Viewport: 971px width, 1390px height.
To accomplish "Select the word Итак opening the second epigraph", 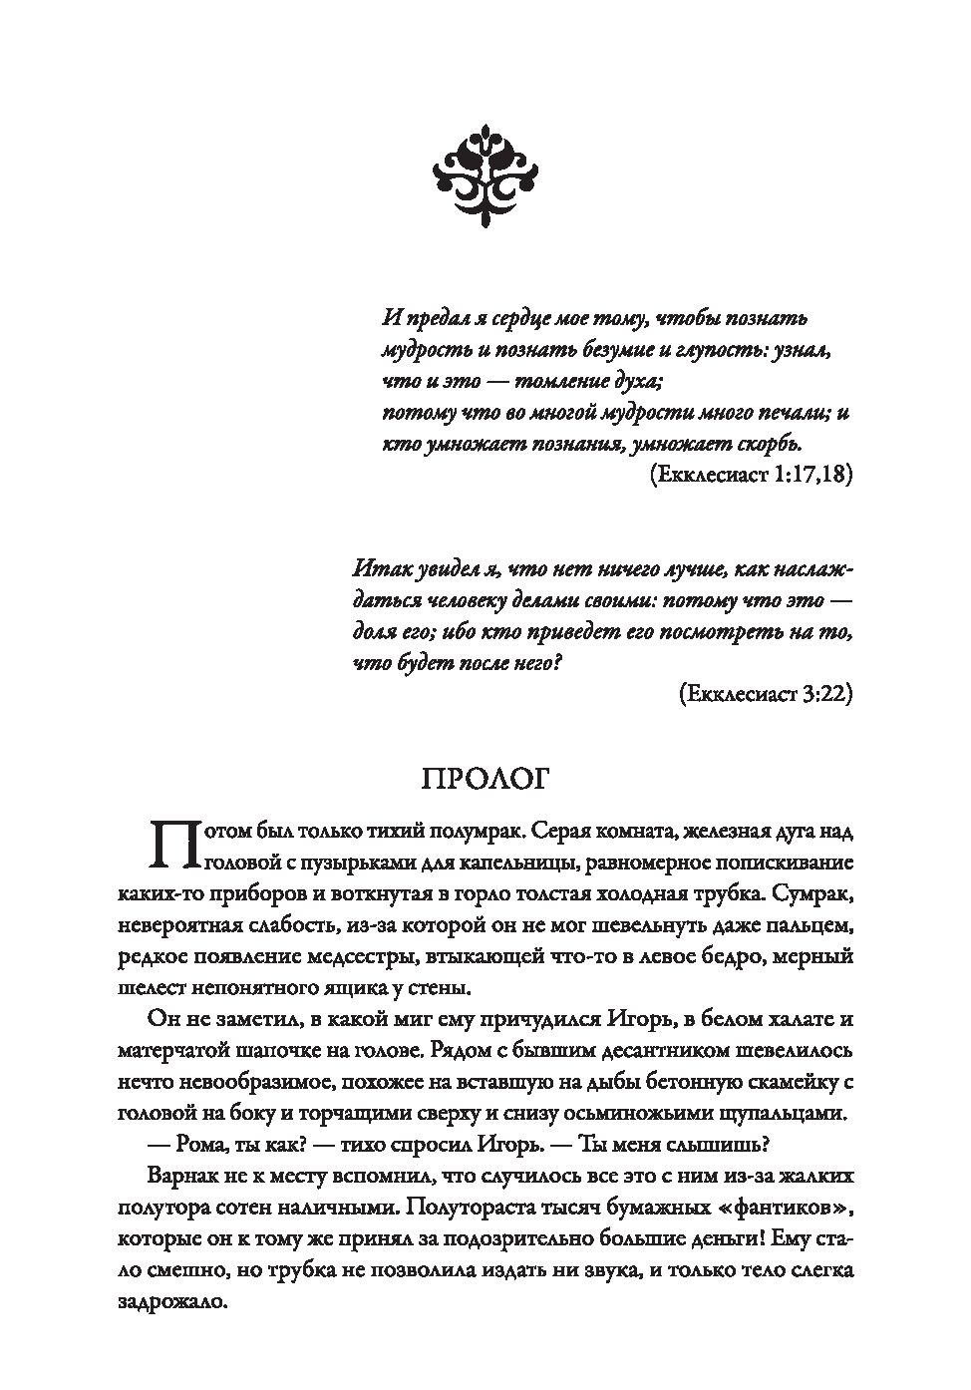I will point(380,569).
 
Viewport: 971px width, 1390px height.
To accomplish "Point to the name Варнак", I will point(183,1176).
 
